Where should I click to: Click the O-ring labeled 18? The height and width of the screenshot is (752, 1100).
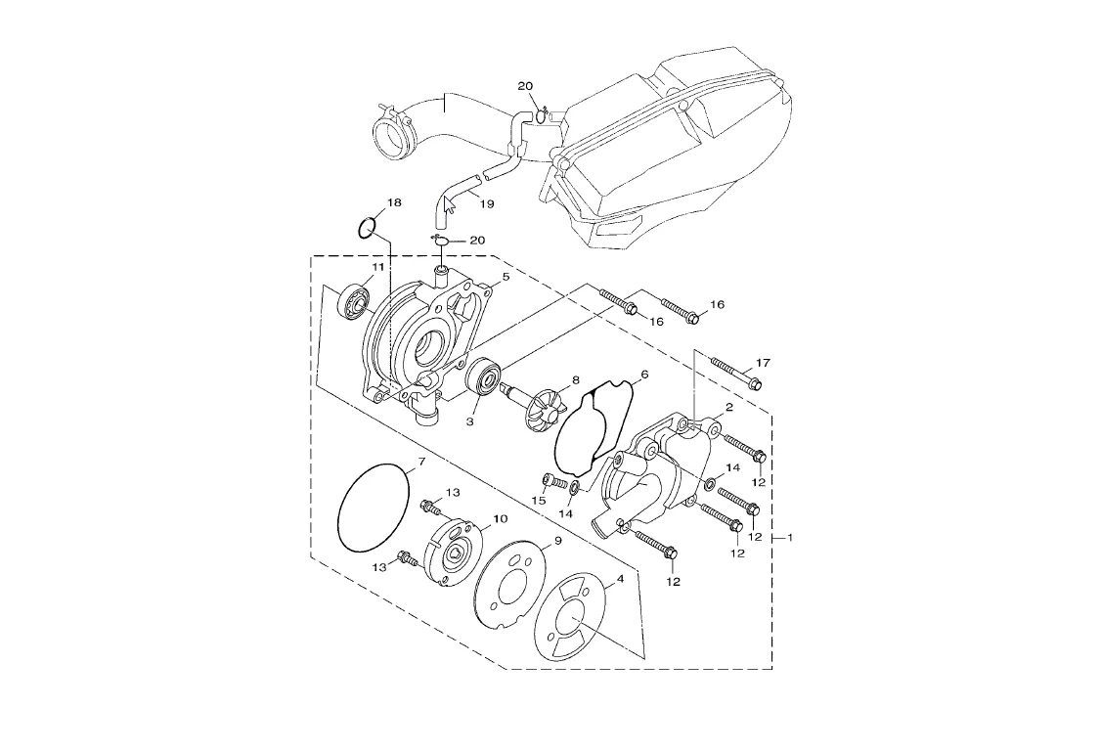click(x=367, y=228)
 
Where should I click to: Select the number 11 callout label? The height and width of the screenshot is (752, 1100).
click(x=377, y=268)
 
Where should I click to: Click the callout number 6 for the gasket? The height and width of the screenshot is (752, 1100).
click(x=644, y=375)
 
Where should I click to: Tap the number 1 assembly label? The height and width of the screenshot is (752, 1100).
click(x=790, y=538)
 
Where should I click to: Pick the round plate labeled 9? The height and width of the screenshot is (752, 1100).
click(x=510, y=587)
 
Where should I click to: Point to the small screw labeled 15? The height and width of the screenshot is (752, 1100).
click(x=549, y=481)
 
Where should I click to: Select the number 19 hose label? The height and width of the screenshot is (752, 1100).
click(x=486, y=204)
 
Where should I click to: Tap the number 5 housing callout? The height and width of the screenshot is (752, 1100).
click(x=506, y=277)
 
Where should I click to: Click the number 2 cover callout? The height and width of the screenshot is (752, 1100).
click(x=729, y=407)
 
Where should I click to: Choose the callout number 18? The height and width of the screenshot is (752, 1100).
click(x=394, y=203)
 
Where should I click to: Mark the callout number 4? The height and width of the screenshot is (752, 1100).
click(x=619, y=579)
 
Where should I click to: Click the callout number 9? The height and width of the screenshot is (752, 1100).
click(x=557, y=541)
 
